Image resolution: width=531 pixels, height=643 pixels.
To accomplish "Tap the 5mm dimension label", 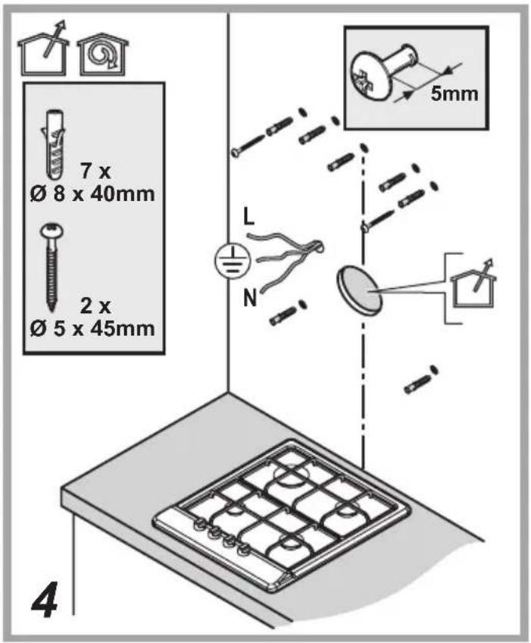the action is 454,93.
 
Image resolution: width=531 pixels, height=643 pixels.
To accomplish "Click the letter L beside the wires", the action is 248,217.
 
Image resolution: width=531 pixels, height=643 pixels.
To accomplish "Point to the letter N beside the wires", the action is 249,298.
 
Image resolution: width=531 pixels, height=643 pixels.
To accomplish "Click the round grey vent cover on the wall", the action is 359,290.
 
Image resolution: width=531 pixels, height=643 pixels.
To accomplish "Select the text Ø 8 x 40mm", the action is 92,194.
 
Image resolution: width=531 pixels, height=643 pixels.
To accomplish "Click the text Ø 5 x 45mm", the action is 92,329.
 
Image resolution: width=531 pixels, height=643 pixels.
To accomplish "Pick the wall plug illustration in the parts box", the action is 54,144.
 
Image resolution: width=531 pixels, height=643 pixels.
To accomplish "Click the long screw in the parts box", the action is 51,268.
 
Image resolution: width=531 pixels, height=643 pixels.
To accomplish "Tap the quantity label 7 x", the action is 95,172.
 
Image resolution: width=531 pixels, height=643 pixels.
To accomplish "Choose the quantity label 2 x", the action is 95,307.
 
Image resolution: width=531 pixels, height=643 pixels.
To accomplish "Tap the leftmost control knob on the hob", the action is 200,523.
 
